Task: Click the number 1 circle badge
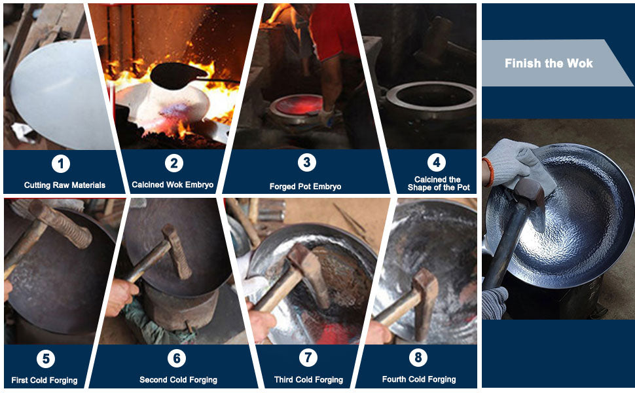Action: click(x=61, y=164)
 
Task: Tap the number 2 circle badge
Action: click(x=174, y=163)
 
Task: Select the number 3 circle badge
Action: click(x=306, y=162)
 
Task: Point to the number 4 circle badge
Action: click(x=437, y=162)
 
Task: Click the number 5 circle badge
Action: click(x=46, y=358)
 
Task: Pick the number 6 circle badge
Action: click(x=177, y=358)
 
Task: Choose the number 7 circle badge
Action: click(x=308, y=358)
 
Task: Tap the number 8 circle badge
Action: click(x=418, y=358)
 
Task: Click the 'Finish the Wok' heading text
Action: click(x=549, y=63)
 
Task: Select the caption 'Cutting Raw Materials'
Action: click(x=65, y=185)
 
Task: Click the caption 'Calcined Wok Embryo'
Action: click(x=173, y=185)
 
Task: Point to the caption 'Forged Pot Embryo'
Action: click(x=305, y=187)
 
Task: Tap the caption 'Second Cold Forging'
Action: click(x=178, y=380)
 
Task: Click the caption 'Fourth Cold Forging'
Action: click(x=419, y=379)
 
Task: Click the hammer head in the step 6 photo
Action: click(x=177, y=252)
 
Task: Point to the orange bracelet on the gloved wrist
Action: click(x=488, y=172)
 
